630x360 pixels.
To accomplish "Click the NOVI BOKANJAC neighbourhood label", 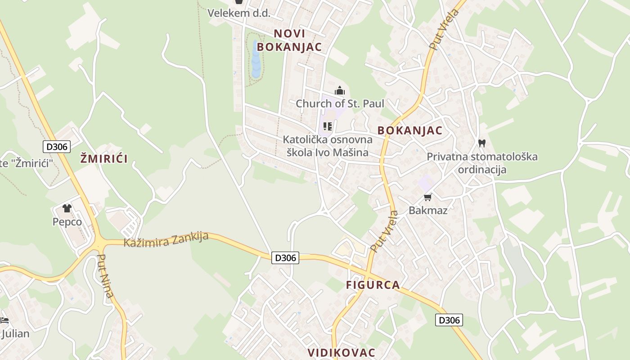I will coord(289,40).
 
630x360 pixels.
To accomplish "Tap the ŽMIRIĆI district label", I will coord(104,158).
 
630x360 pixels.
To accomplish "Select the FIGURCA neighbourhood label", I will coord(373,285).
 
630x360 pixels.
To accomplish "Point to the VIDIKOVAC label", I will coord(342,352).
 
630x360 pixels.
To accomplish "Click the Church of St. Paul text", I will coord(340,103).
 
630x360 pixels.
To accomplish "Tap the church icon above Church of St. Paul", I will coord(340,91).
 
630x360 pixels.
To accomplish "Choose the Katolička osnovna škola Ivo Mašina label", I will coord(328,146).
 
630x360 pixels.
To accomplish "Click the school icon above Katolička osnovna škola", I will coord(328,126).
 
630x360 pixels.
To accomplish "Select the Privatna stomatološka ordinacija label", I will coord(482,163).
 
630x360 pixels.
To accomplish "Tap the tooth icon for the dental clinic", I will coord(482,144).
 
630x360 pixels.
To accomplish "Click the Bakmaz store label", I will coord(428,210).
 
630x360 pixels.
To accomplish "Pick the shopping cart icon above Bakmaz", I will coord(428,197).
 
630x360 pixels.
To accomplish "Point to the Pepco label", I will coord(67,222).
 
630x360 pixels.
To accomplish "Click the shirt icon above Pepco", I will coord(67,208).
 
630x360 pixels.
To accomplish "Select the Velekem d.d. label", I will coord(239,13).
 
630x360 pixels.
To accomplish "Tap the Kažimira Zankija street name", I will coord(166,240).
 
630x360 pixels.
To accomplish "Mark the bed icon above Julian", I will coord(4,321).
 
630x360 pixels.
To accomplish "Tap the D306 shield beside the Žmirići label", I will coord(57,146).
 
